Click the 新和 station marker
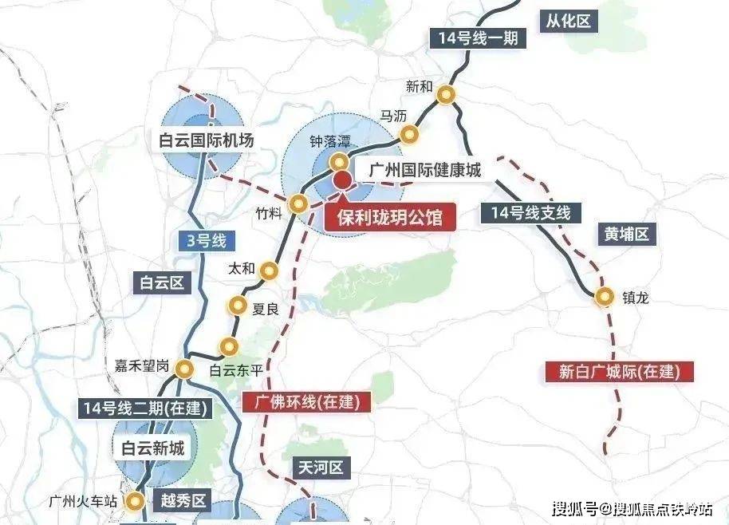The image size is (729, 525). pos(448,94)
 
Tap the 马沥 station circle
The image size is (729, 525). pos(409,133)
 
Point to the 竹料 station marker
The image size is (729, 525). pos(299,203)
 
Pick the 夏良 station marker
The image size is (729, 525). pos(238,305)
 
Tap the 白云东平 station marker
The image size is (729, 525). pos(230,346)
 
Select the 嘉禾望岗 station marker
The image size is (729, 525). pos(185,369)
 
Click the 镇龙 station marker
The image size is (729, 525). pos(606,297)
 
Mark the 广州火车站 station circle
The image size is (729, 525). pos(136,501)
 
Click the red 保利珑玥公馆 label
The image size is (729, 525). pos(389,216)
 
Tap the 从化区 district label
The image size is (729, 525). pos(569,22)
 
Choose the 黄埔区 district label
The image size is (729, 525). pos(627,235)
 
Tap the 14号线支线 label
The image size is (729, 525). pos(531,213)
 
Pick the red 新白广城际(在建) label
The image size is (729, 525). pos(614,371)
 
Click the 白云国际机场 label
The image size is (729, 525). pos(206,140)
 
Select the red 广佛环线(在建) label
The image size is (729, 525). pos(307,401)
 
